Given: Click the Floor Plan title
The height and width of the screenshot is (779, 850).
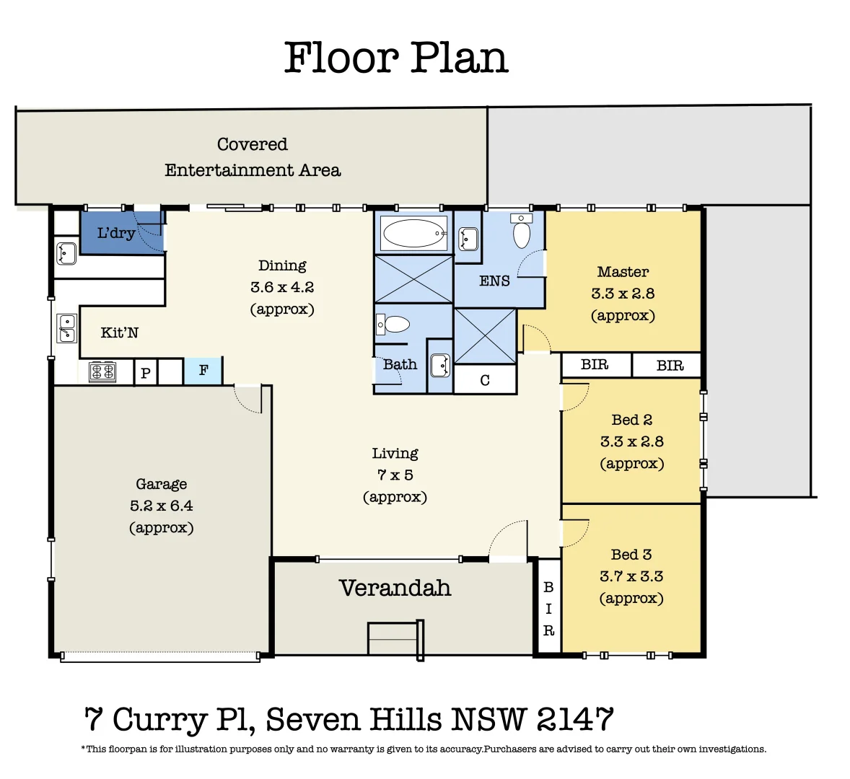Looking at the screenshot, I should (396, 58).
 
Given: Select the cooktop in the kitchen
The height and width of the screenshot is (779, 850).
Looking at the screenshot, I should (102, 372).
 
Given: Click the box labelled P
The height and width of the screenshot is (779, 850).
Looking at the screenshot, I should (146, 373).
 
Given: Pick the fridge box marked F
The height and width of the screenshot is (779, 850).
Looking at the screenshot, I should (203, 371).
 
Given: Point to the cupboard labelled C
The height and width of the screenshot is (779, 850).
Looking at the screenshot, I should (485, 380).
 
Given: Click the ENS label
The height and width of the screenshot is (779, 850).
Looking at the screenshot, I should (494, 281).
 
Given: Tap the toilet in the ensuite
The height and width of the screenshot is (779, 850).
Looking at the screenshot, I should (521, 232).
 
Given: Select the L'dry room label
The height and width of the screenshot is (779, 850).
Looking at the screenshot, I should (116, 233).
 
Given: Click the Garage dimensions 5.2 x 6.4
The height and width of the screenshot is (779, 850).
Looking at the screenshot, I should (162, 506).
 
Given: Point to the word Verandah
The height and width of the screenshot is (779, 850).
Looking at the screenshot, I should (395, 589).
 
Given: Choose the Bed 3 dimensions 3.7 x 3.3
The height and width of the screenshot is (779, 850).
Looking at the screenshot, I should (631, 576).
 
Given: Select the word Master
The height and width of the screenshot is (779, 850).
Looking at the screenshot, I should (623, 272).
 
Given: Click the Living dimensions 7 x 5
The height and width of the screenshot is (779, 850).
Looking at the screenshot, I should (395, 475).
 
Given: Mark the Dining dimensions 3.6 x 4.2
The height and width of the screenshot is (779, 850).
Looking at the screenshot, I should (282, 287).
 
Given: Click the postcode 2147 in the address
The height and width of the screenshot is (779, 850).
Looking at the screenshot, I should (575, 720).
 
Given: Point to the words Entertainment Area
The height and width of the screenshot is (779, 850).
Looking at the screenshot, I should (253, 170).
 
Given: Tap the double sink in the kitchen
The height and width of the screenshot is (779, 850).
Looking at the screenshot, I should (66, 327).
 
